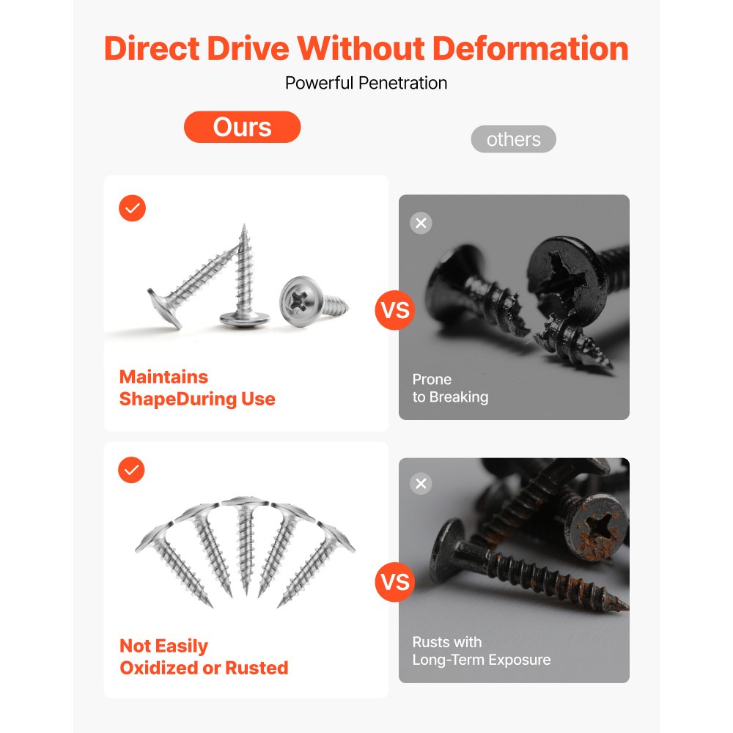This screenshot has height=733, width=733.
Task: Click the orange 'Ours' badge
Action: (x=242, y=127)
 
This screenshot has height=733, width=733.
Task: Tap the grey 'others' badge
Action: (x=513, y=139)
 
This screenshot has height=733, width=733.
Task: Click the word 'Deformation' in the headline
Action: (x=530, y=48)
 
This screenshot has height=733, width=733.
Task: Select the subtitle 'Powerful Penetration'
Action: (x=366, y=84)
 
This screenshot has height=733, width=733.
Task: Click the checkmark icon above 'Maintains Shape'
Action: (x=132, y=208)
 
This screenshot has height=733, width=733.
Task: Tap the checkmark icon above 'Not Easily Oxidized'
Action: (x=131, y=470)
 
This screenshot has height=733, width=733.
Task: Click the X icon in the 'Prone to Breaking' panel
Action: (x=421, y=223)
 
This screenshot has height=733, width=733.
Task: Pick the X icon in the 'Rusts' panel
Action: (x=421, y=483)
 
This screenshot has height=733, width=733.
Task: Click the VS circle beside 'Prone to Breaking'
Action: (x=395, y=310)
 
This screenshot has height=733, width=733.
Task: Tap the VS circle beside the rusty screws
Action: (x=395, y=582)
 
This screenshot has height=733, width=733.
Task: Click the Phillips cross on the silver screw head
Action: (x=298, y=301)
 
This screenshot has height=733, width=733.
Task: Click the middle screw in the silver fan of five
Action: (x=246, y=542)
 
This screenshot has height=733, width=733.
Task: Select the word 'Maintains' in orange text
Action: (x=163, y=377)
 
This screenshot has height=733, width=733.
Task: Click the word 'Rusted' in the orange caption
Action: (x=257, y=668)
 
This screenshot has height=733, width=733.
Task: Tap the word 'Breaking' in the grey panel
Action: (x=459, y=397)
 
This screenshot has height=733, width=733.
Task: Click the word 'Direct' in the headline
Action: (x=152, y=48)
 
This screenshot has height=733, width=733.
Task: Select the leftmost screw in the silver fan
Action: (x=172, y=563)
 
